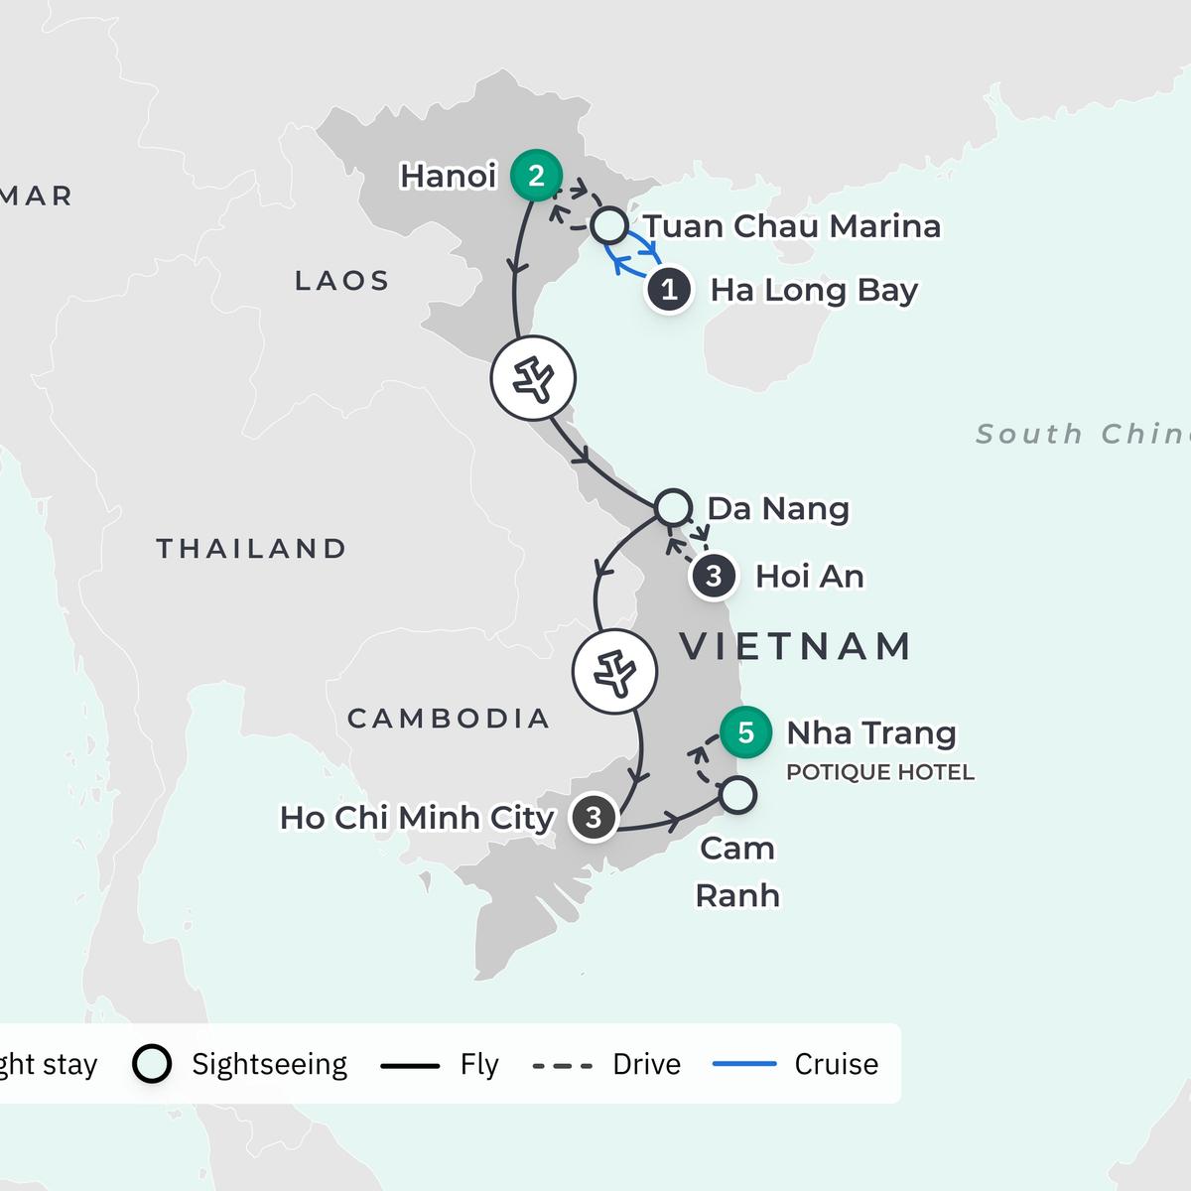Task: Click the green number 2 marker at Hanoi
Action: pyautogui.click(x=536, y=176)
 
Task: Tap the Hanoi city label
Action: pyautogui.click(x=448, y=176)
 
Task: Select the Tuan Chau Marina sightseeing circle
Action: pyautogui.click(x=608, y=225)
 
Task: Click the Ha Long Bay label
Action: pyautogui.click(x=814, y=290)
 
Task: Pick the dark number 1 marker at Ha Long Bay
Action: pyautogui.click(x=669, y=290)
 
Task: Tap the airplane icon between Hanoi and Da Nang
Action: pyautogui.click(x=534, y=378)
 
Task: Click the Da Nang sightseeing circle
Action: pyautogui.click(x=673, y=507)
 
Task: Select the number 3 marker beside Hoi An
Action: pyautogui.click(x=713, y=576)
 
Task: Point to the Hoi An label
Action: pyautogui.click(x=809, y=576)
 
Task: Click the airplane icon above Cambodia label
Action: pyautogui.click(x=614, y=672)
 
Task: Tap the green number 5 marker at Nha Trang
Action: pyautogui.click(x=745, y=732)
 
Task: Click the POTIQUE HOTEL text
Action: pyautogui.click(x=879, y=772)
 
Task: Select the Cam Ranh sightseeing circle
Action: pyautogui.click(x=736, y=795)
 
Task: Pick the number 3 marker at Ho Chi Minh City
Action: pyautogui.click(x=593, y=818)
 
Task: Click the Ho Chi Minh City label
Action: pyautogui.click(x=417, y=818)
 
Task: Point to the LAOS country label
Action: pyautogui.click(x=342, y=281)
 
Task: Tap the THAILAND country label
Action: pyautogui.click(x=252, y=549)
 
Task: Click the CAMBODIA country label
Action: pyautogui.click(x=449, y=718)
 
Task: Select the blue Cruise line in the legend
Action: pyautogui.click(x=744, y=1064)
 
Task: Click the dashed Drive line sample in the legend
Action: pyautogui.click(x=562, y=1065)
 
